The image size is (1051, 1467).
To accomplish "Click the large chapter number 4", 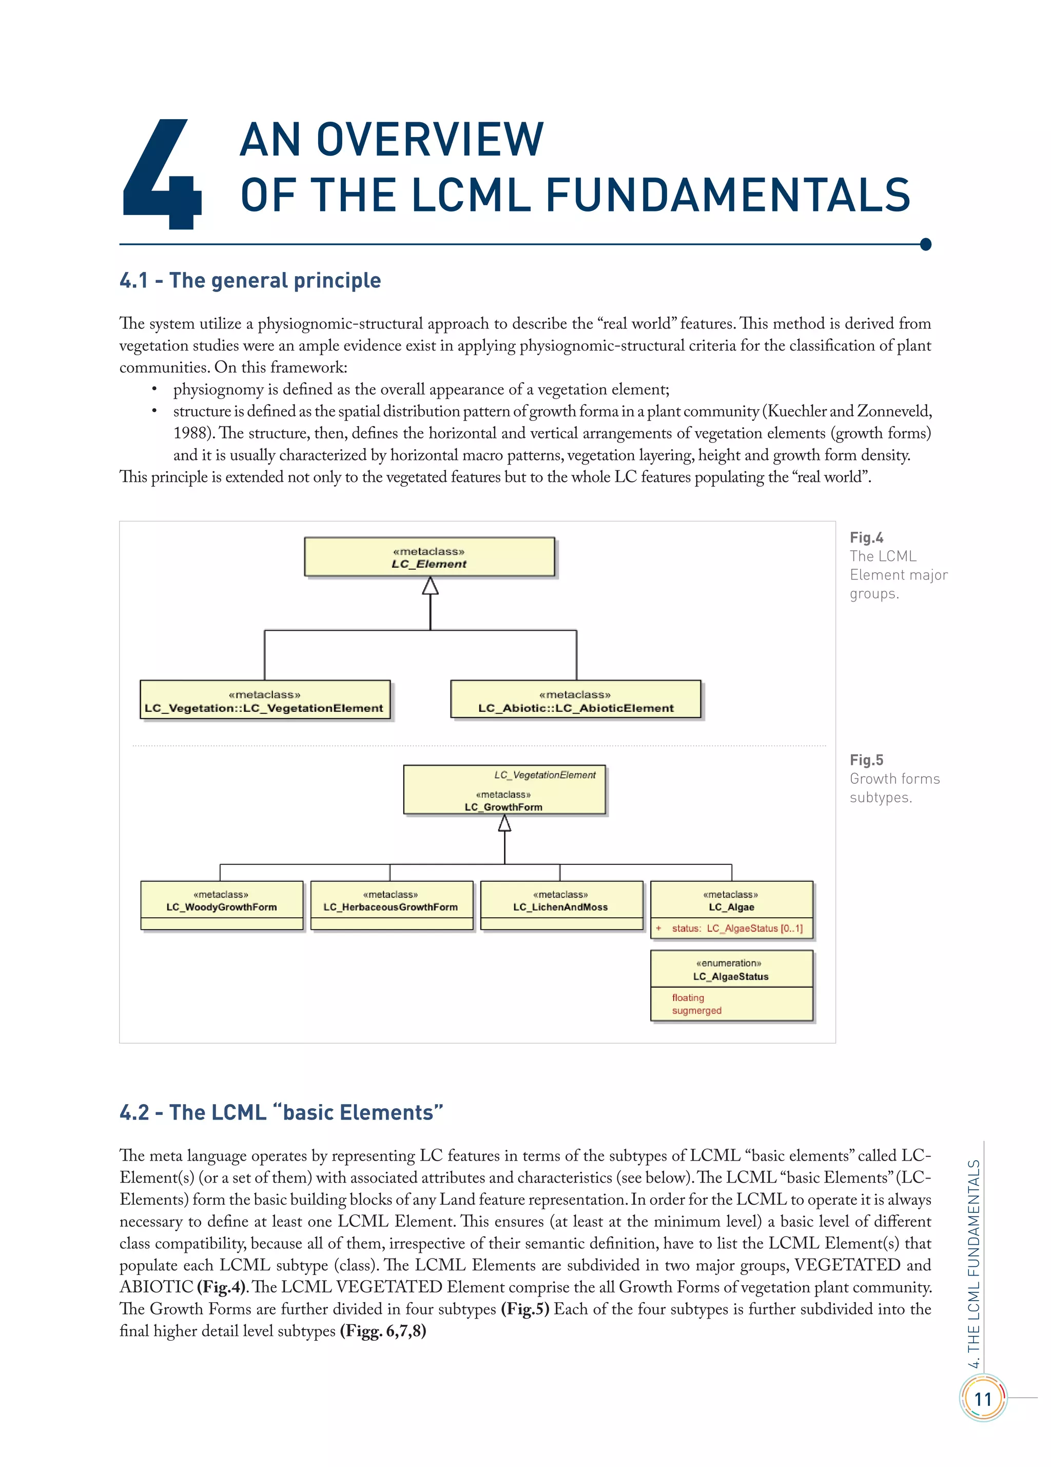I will (x=162, y=175).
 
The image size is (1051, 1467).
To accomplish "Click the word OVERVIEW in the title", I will (x=430, y=140).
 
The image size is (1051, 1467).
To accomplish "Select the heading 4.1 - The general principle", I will (x=250, y=280).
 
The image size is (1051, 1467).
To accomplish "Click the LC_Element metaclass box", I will (x=430, y=557).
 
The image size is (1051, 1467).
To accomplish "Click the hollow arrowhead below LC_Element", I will (x=430, y=586).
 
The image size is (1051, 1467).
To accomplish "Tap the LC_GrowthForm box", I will (x=504, y=790).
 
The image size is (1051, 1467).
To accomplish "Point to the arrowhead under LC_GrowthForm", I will (x=504, y=823).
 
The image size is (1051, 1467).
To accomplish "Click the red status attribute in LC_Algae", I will (x=736, y=928).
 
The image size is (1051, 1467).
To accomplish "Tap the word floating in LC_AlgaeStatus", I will (x=688, y=997).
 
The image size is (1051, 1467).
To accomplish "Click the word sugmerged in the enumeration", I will (x=696, y=1010).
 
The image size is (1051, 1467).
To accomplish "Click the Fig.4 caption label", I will (x=866, y=537).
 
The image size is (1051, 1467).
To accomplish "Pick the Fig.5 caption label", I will (x=866, y=760).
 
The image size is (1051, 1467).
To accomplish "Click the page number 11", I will (x=982, y=1399).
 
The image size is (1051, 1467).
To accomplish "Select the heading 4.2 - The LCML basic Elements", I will (x=281, y=1112).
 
